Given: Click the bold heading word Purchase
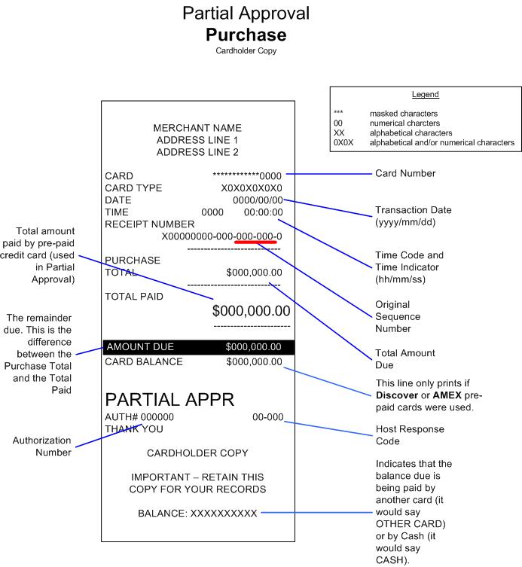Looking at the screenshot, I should (246, 35).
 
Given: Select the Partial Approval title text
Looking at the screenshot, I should (246, 14).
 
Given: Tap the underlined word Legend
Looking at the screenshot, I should (426, 95).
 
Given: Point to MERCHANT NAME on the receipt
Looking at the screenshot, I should (197, 128).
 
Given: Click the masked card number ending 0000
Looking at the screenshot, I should (247, 176).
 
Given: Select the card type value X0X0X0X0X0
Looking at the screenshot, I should (252, 188).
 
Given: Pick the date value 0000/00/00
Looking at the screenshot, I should (258, 200).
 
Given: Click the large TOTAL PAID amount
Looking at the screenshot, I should (251, 311).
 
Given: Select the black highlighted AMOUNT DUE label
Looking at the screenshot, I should (140, 347).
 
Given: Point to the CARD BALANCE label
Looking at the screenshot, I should (144, 361).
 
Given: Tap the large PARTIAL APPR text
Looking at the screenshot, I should (169, 399).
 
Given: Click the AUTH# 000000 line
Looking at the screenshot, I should (139, 417).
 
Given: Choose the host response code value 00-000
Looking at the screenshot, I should (267, 417).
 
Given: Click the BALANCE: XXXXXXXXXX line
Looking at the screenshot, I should (197, 514).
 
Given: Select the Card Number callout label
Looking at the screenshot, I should (405, 173).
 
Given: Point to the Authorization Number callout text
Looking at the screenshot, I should (41, 446).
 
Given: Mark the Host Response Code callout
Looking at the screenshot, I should (410, 434).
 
